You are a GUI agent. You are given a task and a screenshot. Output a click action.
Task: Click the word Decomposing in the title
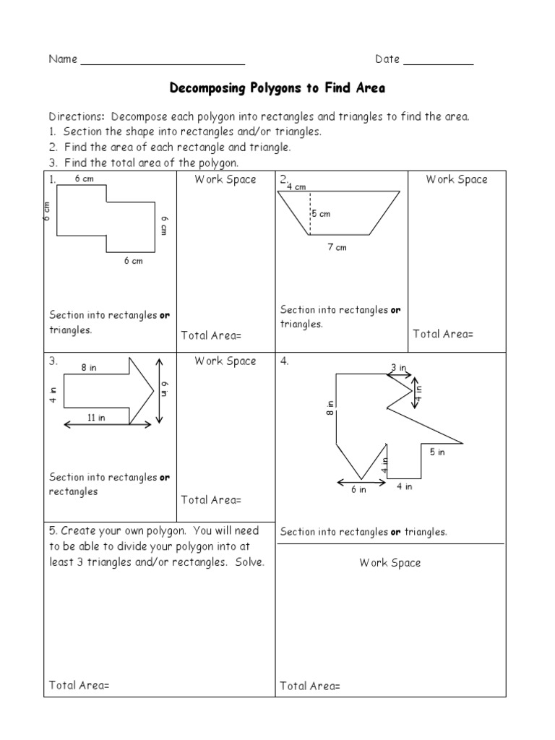pyautogui.click(x=204, y=88)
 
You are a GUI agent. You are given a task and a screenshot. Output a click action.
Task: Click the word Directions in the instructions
pyautogui.click(x=77, y=116)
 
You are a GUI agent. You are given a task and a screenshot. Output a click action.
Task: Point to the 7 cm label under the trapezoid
pyautogui.click(x=337, y=247)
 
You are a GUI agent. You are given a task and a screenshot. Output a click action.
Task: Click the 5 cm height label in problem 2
pyautogui.click(x=321, y=214)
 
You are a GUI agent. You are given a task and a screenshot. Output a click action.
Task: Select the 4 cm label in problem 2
pyautogui.click(x=296, y=187)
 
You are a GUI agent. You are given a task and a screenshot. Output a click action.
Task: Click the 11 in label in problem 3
pyautogui.click(x=97, y=417)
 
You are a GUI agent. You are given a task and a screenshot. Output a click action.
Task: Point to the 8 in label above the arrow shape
pyautogui.click(x=88, y=368)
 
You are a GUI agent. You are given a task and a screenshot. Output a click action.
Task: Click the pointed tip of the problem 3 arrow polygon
pyautogui.click(x=154, y=391)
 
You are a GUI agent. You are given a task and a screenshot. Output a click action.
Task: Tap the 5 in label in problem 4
pyautogui.click(x=437, y=452)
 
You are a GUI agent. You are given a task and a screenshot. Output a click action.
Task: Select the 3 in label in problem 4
pyautogui.click(x=398, y=368)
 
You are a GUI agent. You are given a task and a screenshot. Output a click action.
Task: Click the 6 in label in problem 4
pyautogui.click(x=358, y=489)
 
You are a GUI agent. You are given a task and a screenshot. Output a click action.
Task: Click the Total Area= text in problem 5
pyautogui.click(x=79, y=685)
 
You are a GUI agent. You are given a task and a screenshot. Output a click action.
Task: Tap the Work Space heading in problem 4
pyautogui.click(x=390, y=562)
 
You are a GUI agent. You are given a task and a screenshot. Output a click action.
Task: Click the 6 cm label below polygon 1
pyautogui.click(x=133, y=261)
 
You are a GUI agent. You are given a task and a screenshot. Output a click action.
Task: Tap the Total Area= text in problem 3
pyautogui.click(x=211, y=499)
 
